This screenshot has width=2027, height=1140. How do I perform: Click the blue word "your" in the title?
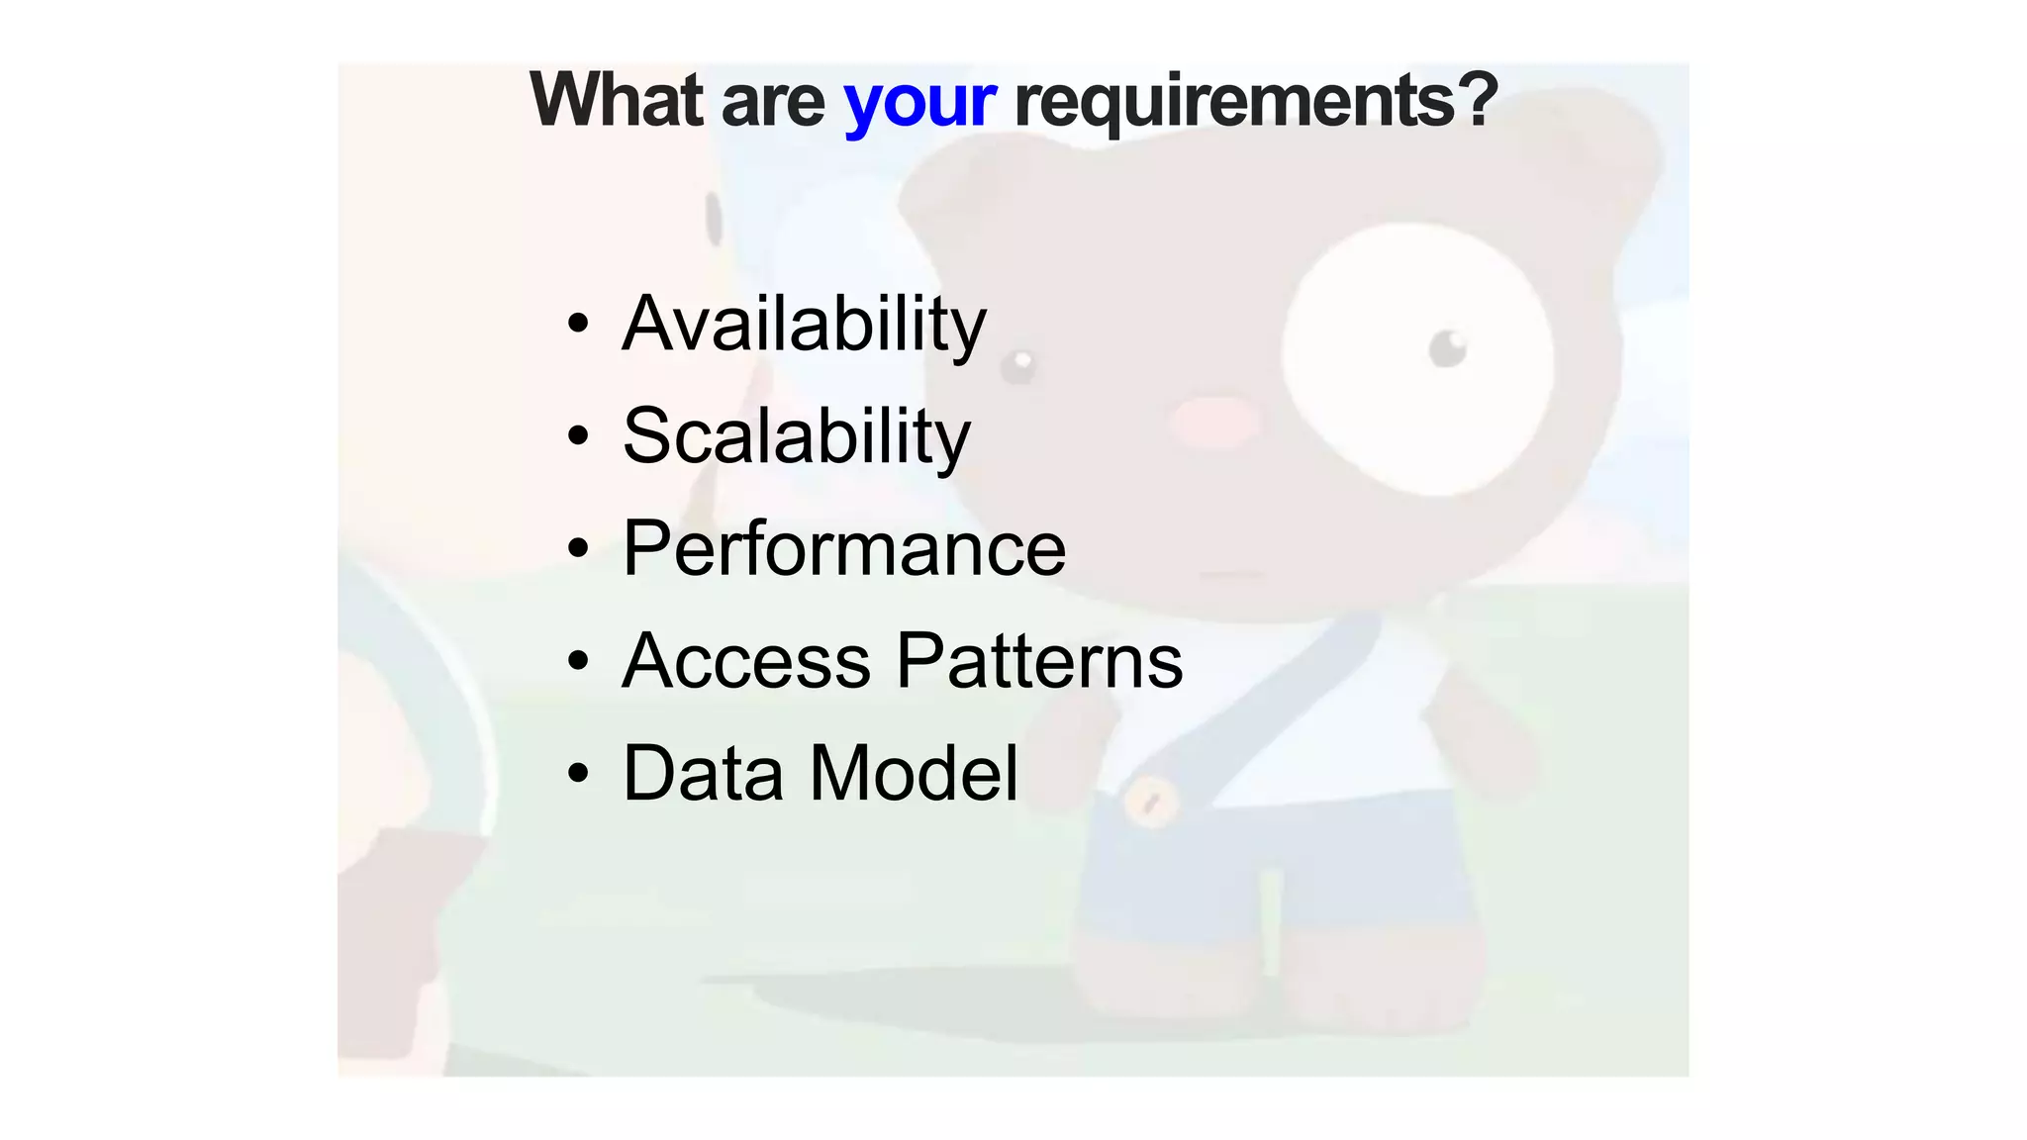(x=919, y=102)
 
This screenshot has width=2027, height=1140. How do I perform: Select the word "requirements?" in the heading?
(x=1256, y=102)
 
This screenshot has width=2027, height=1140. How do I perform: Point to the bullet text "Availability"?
(x=804, y=325)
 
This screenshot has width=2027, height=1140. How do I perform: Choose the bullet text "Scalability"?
(x=797, y=436)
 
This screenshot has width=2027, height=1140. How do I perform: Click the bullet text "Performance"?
(x=844, y=548)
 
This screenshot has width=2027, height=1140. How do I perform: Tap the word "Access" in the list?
(x=746, y=661)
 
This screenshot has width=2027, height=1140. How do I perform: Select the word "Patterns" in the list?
(x=1040, y=661)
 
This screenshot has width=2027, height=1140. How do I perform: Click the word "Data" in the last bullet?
(x=703, y=773)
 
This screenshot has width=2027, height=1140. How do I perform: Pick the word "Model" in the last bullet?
(x=914, y=773)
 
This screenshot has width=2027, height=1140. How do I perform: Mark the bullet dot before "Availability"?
(x=578, y=324)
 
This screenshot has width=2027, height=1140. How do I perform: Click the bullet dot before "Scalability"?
(x=578, y=435)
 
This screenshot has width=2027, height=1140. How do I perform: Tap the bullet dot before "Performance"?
(x=578, y=547)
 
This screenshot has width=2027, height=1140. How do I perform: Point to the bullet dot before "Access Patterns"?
(x=578, y=660)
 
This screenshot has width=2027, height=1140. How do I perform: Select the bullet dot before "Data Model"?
(x=578, y=772)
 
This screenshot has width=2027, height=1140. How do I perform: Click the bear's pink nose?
(x=1213, y=421)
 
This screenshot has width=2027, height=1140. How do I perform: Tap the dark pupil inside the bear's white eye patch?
(x=1448, y=348)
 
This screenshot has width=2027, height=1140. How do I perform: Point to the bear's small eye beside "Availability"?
(x=1018, y=366)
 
